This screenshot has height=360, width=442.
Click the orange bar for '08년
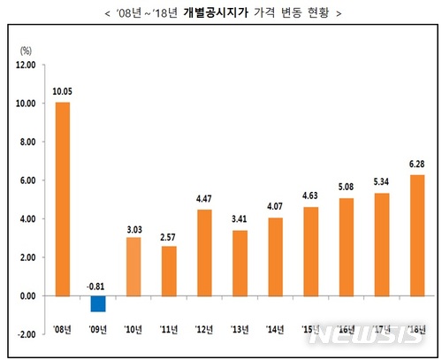pyautogui.click(x=62, y=199)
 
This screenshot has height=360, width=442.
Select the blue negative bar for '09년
pyautogui.click(x=97, y=303)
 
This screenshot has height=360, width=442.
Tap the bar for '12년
pyautogui.click(x=204, y=253)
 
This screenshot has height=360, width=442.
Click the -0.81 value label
pyautogui.click(x=97, y=286)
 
